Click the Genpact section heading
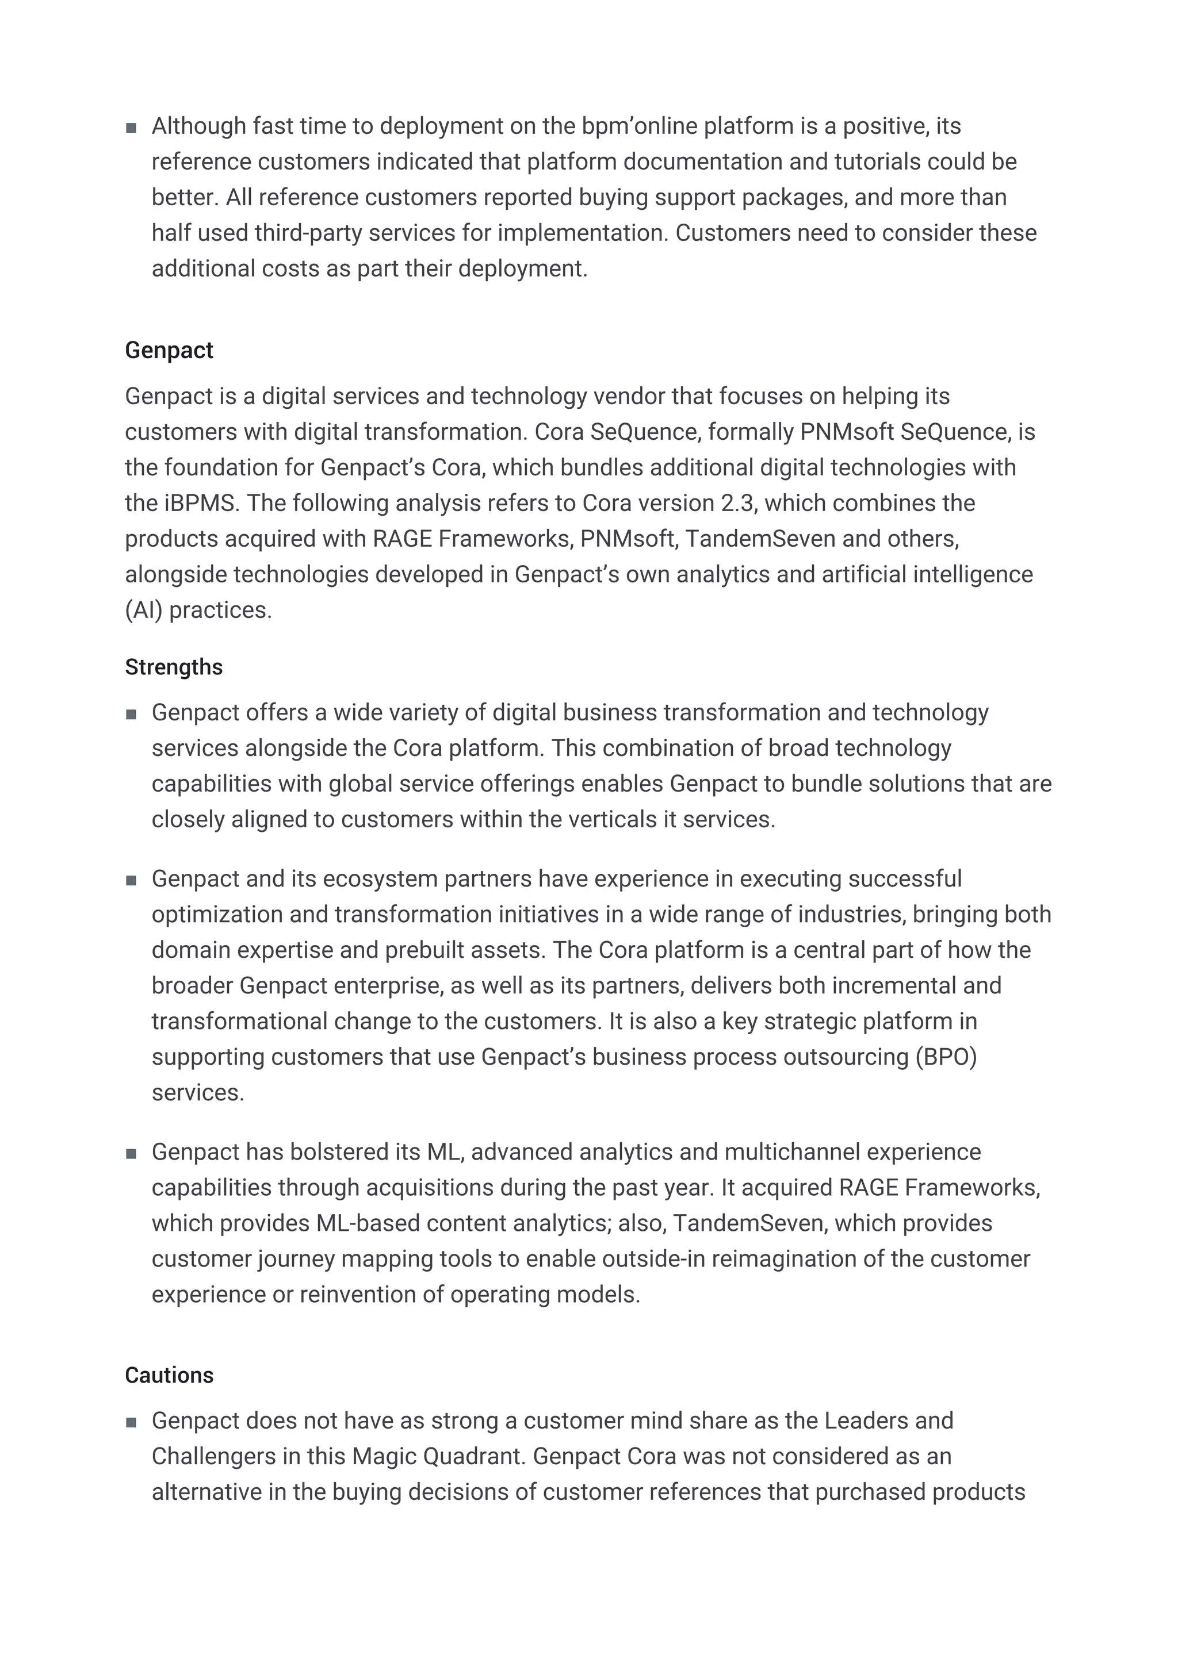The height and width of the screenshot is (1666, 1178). [169, 351]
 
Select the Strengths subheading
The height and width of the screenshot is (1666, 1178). [174, 667]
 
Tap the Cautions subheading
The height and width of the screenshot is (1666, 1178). [169, 1375]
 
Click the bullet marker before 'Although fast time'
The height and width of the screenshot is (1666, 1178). [131, 128]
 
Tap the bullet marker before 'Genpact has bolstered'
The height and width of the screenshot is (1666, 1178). [131, 1154]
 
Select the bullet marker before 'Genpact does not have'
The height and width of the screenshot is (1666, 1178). [131, 1422]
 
